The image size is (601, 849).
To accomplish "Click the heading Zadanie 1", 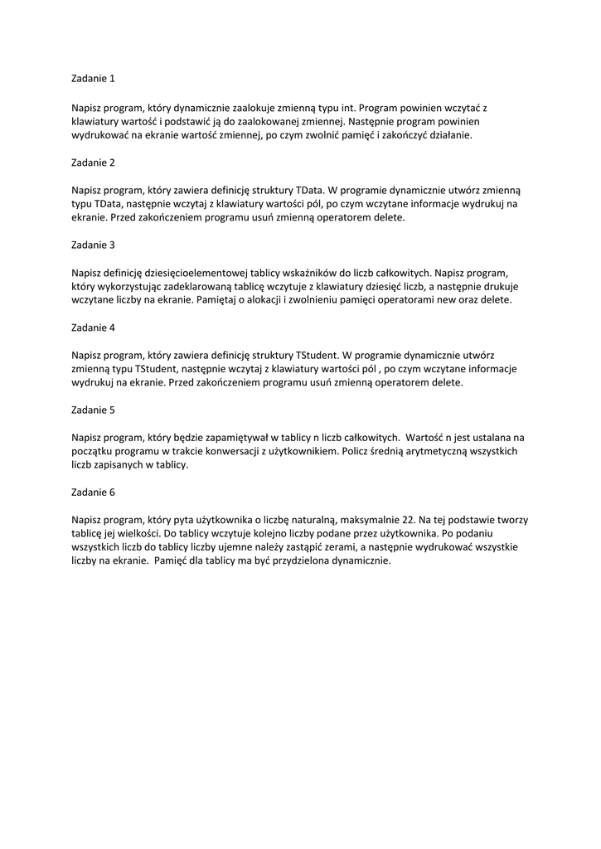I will pos(94,80).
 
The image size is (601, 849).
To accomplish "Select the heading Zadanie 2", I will pos(94,163).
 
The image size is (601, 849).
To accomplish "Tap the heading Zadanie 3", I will pos(94,245).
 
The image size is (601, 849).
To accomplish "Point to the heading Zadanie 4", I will pos(94,327).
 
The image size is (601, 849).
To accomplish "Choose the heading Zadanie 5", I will pos(94,410).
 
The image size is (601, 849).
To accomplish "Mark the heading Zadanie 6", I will pos(94,492).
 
